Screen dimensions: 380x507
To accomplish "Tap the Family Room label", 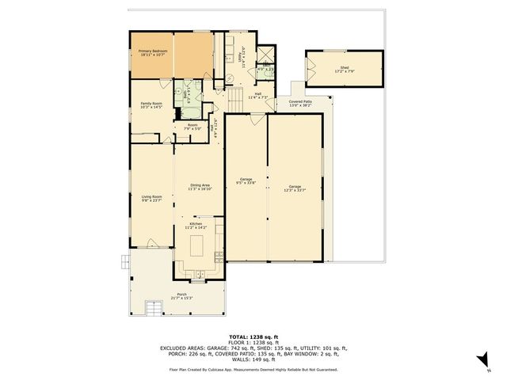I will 151,105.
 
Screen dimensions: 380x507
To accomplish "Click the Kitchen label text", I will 196,226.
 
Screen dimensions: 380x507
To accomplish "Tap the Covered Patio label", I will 300,104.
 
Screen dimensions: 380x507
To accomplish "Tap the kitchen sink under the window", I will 198,276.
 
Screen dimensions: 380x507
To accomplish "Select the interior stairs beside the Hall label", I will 234,98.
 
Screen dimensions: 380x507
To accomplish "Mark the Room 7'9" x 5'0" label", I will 192,127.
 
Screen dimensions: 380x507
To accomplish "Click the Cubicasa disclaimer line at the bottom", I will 253,370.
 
